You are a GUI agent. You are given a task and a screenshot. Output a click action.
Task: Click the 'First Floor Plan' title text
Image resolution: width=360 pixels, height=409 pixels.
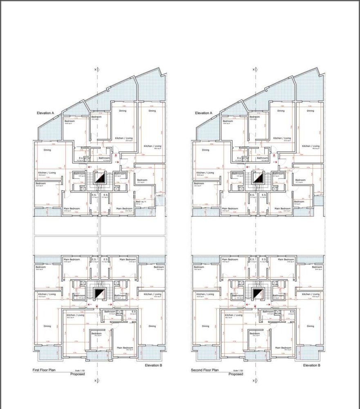(x=44, y=370)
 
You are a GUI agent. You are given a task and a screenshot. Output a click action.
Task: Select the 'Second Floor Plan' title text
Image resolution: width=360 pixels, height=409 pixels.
(x=205, y=370)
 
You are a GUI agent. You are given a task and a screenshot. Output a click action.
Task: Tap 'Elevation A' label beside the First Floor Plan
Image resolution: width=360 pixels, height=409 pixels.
(x=45, y=113)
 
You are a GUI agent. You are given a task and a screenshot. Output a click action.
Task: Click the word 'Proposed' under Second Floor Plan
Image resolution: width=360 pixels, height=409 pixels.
(x=236, y=374)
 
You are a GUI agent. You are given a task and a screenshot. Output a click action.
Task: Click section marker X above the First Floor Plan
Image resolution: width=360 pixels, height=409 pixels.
(x=96, y=70)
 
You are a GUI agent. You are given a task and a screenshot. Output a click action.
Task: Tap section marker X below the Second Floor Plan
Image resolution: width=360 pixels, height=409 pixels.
(x=254, y=381)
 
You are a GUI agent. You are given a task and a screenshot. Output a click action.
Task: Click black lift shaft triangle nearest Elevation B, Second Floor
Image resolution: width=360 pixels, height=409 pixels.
(x=257, y=294)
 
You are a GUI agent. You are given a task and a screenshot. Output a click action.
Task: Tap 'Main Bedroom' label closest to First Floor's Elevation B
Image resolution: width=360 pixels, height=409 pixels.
(x=125, y=348)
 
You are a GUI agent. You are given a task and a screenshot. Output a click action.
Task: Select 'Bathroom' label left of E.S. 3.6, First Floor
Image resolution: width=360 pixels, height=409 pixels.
(x=110, y=312)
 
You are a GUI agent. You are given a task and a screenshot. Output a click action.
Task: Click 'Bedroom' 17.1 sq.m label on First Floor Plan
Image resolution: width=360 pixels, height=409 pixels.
(x=142, y=180)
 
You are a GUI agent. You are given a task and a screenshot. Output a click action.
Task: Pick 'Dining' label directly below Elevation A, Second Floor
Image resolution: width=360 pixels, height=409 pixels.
(x=205, y=150)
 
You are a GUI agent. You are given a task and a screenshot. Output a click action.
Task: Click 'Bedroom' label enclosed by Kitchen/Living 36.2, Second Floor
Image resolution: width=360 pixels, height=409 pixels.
(x=255, y=333)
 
